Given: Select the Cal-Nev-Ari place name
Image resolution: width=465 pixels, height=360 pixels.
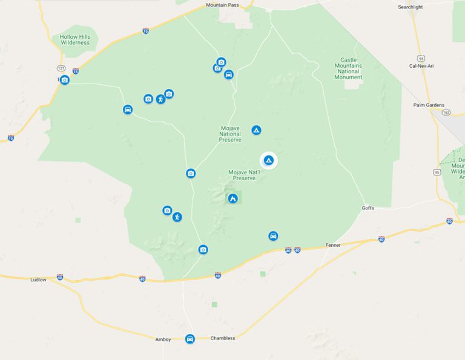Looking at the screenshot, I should [422, 65].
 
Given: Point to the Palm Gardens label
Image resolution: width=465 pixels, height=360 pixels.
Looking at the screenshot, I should [428, 105].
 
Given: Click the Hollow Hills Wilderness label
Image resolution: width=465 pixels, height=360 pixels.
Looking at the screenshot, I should [74, 40].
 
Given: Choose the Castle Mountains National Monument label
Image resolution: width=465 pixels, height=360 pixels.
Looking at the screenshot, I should [349, 68].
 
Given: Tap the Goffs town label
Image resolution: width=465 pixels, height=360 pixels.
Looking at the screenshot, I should [368, 208].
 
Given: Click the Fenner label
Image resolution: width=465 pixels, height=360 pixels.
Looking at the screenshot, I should [333, 245].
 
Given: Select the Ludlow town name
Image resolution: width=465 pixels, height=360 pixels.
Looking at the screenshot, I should [38, 280].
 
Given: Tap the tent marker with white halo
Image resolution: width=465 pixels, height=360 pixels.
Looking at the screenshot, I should [269, 160].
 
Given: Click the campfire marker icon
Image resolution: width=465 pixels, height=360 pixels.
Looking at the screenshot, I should [232, 198].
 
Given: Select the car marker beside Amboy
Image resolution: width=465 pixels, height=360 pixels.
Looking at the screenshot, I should [190, 339].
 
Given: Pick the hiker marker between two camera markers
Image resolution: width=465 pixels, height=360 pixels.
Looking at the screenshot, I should [160, 99].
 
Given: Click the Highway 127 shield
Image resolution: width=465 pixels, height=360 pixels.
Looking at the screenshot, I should [61, 68].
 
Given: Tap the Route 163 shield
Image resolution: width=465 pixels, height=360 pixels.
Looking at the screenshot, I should [446, 112].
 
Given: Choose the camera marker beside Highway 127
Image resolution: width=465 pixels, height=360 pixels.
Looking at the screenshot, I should [65, 80].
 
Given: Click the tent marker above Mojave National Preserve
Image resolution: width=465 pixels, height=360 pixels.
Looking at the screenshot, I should [257, 130].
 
